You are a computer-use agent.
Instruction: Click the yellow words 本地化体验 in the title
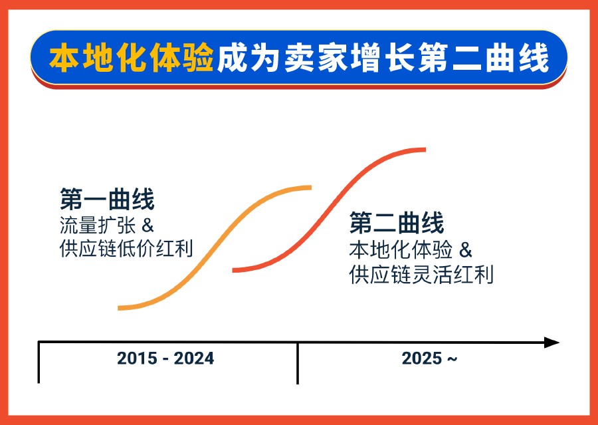pos(131,59)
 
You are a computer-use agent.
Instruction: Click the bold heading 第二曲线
pos(397,223)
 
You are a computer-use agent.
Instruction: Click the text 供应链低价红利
pos(126,249)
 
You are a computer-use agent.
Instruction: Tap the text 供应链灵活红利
pos(421,274)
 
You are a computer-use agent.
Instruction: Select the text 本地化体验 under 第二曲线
pos(401,250)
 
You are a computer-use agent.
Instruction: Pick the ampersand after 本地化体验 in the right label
pos(466,250)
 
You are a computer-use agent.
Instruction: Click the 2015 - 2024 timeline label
pos(165,358)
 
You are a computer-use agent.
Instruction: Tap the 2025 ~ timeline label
pos(429,358)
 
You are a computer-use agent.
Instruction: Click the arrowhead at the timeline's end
pos(551,343)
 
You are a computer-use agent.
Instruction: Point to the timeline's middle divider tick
pos(297,363)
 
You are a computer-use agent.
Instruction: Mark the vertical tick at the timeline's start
pos(39,363)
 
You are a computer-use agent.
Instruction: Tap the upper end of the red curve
pos(423,149)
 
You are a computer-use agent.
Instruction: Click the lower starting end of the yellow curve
pos(120,308)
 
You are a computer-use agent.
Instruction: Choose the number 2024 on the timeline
pos(194,358)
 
